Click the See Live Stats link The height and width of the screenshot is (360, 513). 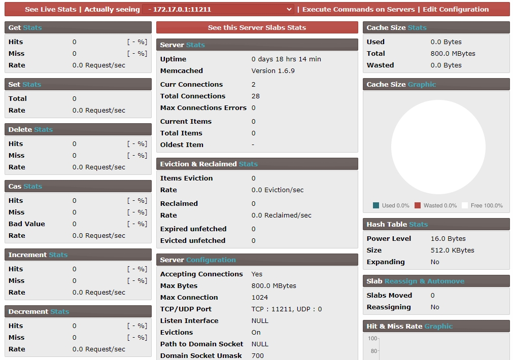point(51,9)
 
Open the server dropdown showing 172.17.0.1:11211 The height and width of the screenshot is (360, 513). point(218,9)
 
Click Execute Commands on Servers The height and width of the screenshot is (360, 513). point(359,9)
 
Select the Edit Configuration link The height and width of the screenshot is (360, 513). point(456,9)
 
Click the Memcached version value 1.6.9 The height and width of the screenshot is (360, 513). point(273,71)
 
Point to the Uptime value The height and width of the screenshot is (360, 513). point(286,59)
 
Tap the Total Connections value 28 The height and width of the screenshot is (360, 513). point(256,96)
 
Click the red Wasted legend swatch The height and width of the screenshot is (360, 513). point(418,205)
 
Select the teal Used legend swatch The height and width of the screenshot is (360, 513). point(376,205)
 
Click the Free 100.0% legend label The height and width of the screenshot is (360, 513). point(486,205)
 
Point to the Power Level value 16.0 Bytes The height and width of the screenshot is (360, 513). point(448,239)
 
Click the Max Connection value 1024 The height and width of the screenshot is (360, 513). point(260,298)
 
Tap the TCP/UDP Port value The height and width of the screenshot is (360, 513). point(287,309)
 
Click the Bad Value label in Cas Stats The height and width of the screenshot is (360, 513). point(27,224)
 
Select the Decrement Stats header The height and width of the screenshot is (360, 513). point(38,312)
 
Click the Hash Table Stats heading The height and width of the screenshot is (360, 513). point(397,224)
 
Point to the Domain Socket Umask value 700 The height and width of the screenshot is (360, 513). point(258,356)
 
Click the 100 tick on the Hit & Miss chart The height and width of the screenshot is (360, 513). point(373,339)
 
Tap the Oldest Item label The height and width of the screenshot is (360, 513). point(182,145)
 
